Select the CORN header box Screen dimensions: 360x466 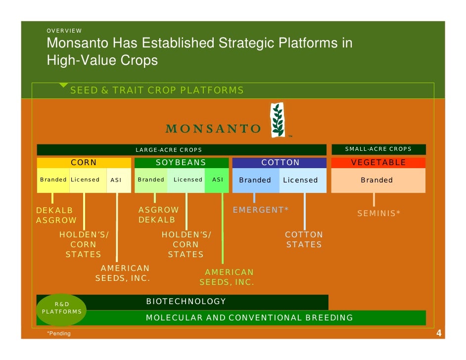[84, 163]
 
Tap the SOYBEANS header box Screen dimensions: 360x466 [181, 163]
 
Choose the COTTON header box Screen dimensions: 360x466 [280, 163]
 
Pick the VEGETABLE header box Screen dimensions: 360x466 [378, 163]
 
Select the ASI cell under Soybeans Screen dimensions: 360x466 [217, 180]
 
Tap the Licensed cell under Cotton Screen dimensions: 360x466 [302, 180]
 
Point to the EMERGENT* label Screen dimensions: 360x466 [261, 210]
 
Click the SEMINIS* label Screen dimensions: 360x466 [379, 214]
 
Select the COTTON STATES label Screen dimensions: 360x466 [304, 240]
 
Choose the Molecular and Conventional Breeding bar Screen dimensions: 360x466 [250, 318]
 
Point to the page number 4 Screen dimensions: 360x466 [438, 334]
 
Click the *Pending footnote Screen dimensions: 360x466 [59, 334]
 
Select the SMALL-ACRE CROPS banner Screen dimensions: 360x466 [378, 149]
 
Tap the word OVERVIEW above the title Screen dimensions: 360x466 [64, 31]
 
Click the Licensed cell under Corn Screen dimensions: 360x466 [85, 180]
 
